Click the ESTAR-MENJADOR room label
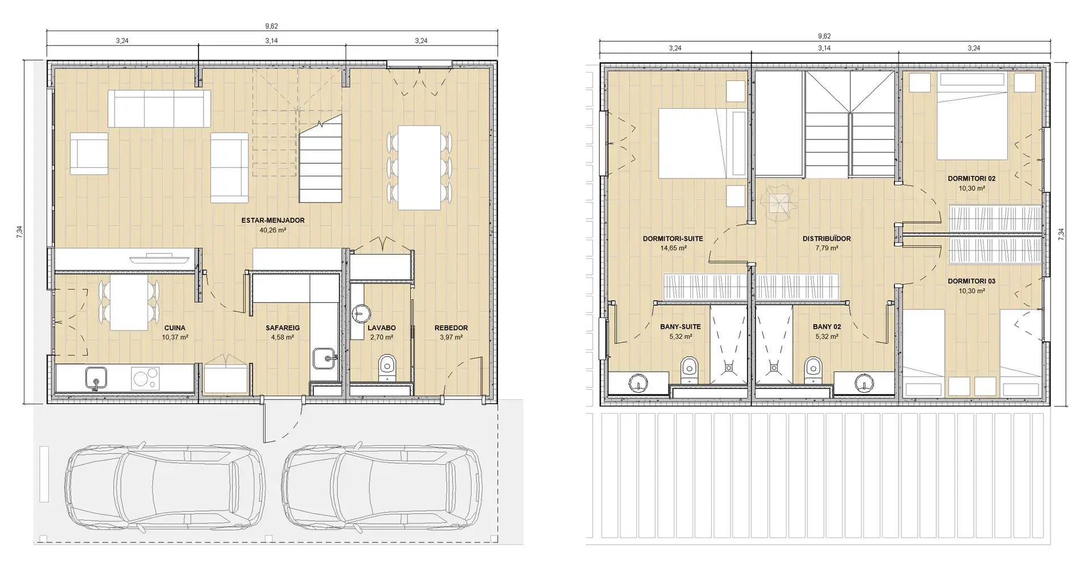click(273, 220)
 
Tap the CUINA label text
click(175, 328)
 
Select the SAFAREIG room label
click(282, 328)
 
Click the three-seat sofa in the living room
click(159, 108)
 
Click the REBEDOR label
click(451, 328)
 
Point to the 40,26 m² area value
click(273, 230)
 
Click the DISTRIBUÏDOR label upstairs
click(826, 239)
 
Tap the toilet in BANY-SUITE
click(689, 369)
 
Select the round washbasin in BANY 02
click(864, 383)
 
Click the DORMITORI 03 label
click(972, 281)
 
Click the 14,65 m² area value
click(673, 248)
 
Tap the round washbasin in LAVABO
click(361, 313)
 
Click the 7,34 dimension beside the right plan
click(1061, 235)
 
